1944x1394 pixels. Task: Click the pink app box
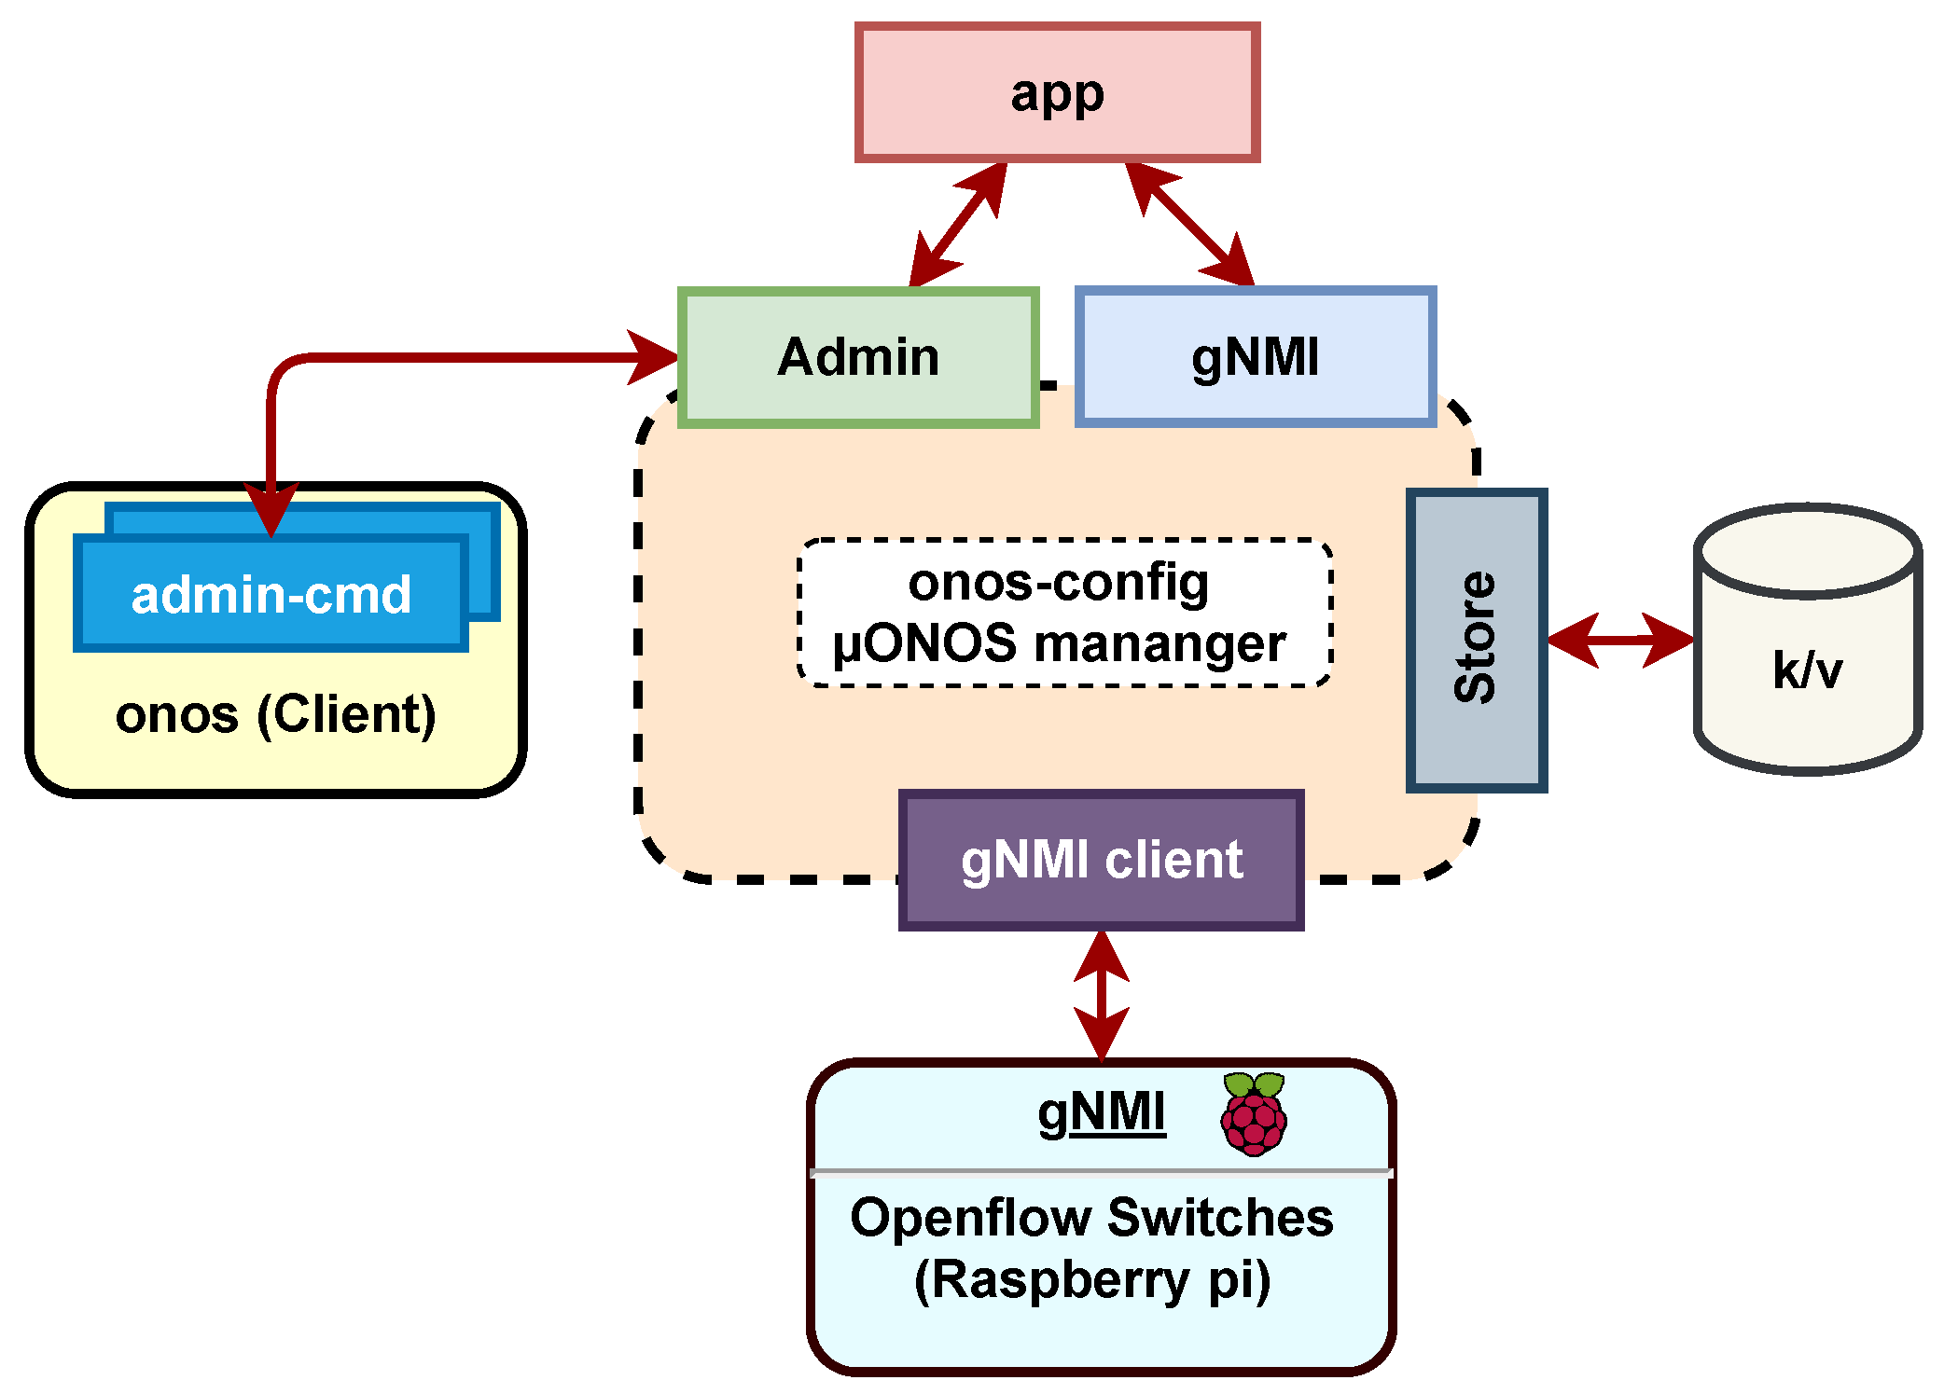[x=1057, y=92]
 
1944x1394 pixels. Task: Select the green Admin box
[x=858, y=357]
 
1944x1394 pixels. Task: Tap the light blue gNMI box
[x=1256, y=357]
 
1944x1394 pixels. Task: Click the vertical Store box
[x=1476, y=640]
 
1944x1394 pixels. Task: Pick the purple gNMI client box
[x=1101, y=860]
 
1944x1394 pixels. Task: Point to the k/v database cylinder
[x=1807, y=643]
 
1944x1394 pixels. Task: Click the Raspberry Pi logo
[x=1254, y=1113]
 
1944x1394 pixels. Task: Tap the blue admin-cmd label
[x=271, y=595]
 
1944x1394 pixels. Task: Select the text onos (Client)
[x=275, y=715]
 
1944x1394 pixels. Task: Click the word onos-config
[x=1059, y=583]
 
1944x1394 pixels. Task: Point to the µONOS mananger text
[x=1059, y=643]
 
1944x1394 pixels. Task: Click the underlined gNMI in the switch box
[x=1102, y=1112]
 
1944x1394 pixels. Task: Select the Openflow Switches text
[x=1091, y=1218]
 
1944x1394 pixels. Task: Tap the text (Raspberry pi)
[x=1091, y=1279]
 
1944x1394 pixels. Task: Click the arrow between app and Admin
[x=958, y=225]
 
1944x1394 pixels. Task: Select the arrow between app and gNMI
[x=1190, y=225]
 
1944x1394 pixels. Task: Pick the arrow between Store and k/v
[x=1620, y=640]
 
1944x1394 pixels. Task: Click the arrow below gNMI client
[x=1102, y=995]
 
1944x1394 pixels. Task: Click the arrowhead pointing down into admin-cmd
[x=271, y=508]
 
